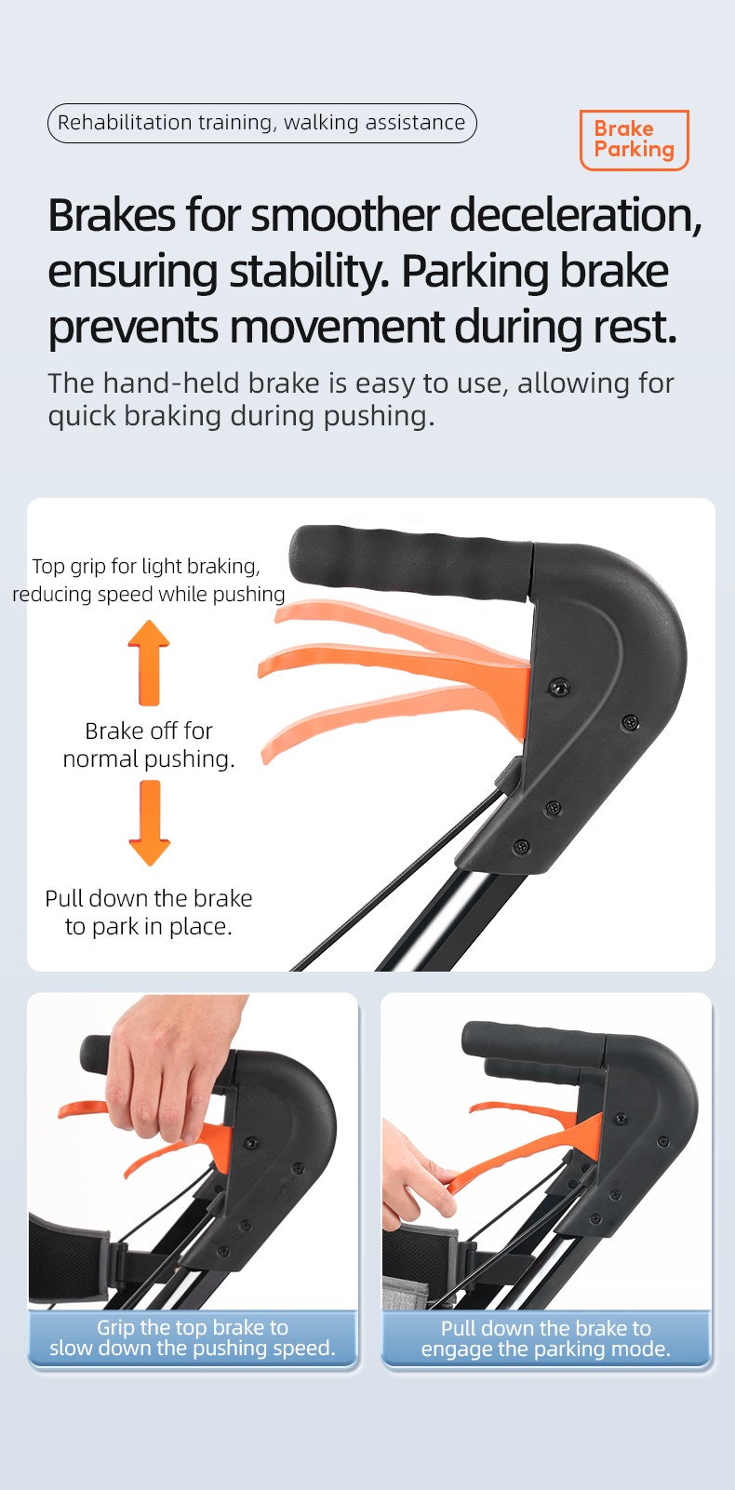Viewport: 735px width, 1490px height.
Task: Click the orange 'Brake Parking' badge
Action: tap(634, 140)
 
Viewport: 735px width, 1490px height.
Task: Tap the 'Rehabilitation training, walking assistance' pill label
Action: tap(262, 123)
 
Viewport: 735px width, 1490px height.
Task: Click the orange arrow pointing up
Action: tap(149, 663)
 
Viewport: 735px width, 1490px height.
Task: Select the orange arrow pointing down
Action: tap(150, 823)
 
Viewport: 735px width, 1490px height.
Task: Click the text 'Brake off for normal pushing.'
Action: tap(149, 745)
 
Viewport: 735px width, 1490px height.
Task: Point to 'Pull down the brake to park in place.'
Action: tap(149, 912)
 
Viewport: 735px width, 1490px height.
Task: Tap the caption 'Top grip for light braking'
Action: tap(146, 566)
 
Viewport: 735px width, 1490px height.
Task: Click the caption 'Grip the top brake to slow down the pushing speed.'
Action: tap(193, 1337)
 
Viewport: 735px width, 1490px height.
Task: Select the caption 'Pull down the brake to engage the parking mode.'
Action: tap(545, 1338)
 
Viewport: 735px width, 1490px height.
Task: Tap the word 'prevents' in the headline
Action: tap(133, 328)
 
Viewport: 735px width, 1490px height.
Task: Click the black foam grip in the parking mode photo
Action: tap(532, 1043)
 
